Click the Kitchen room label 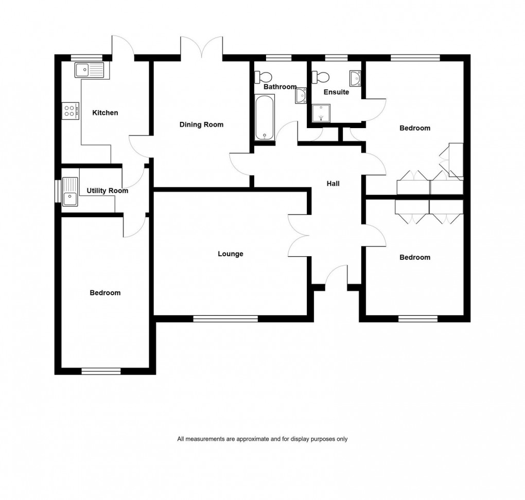105,113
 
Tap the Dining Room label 201,124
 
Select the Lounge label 230,254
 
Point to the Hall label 333,184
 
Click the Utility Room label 107,191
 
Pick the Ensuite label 336,93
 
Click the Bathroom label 280,87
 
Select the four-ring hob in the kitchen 71,111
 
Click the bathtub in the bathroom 265,119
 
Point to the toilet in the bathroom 265,77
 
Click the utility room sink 69,191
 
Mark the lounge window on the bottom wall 225,319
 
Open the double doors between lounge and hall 299,235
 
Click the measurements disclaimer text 262,439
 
